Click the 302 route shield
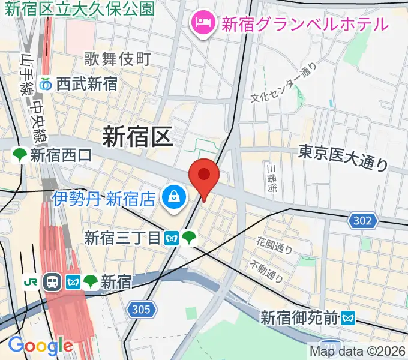(x=362, y=221)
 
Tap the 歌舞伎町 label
(x=117, y=59)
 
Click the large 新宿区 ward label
(x=137, y=137)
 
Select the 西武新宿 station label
(x=86, y=85)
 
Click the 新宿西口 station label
(x=61, y=156)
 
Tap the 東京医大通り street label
(x=343, y=157)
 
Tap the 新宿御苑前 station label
(x=299, y=317)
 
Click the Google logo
(x=40, y=346)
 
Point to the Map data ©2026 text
(x=358, y=351)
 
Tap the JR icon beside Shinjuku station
(x=30, y=281)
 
